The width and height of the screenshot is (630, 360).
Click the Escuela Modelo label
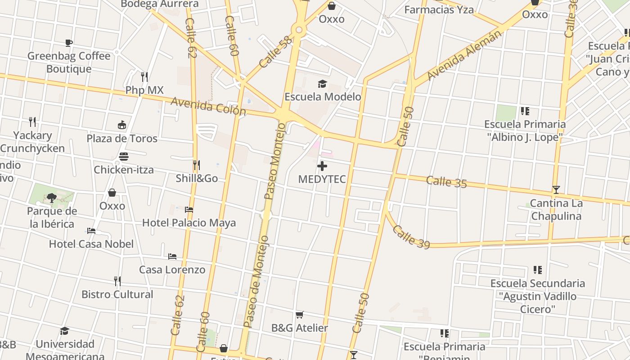click(323, 97)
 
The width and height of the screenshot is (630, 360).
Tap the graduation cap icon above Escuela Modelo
click(322, 84)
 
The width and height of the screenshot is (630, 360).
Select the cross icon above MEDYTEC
click(322, 166)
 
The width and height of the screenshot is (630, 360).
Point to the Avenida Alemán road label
click(463, 55)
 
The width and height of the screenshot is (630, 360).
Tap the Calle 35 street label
click(446, 182)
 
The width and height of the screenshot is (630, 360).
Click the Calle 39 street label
click(411, 237)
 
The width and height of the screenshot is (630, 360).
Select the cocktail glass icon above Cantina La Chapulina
click(556, 190)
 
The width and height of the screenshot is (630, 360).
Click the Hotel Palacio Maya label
click(189, 223)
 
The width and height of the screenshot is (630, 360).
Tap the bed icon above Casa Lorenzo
click(172, 256)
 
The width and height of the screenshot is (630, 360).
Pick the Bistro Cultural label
click(117, 294)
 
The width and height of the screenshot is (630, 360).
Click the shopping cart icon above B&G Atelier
click(300, 315)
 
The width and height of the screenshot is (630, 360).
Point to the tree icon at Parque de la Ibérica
click(52, 198)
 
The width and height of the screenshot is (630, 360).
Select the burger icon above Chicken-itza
click(124, 157)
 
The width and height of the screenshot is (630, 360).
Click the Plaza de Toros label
click(122, 138)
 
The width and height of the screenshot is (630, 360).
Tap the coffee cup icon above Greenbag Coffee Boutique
click(69, 43)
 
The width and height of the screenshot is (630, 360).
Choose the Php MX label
click(144, 90)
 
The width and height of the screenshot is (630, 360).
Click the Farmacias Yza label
click(439, 9)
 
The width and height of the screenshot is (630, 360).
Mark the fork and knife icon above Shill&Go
click(196, 165)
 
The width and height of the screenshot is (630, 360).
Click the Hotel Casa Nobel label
click(91, 244)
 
